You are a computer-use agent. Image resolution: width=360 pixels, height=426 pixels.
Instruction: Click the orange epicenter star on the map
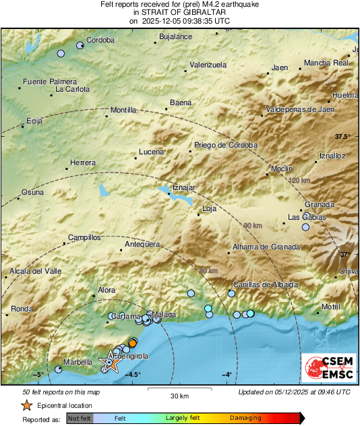(109, 363)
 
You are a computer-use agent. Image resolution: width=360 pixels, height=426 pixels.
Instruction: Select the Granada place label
(320, 204)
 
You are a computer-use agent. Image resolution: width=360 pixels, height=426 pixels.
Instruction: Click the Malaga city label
(164, 315)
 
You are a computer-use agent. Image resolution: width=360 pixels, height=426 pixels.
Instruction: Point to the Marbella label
(77, 361)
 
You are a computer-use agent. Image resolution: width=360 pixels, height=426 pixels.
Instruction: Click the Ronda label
(22, 309)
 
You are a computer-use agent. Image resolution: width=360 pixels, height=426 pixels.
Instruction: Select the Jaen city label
(279, 67)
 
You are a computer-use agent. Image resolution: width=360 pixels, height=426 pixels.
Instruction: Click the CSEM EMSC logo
(328, 368)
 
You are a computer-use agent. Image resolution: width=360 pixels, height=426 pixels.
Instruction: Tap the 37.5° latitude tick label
(343, 136)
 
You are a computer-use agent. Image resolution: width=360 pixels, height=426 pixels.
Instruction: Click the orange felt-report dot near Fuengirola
(133, 343)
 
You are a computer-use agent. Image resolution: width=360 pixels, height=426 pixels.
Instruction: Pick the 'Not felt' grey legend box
(79, 418)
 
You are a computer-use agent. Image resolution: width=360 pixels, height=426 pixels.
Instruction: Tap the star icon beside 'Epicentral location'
(26, 405)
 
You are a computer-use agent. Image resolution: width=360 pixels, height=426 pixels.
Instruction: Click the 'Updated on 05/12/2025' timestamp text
(294, 392)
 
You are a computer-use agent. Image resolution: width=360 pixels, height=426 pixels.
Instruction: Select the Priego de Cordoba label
(226, 145)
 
